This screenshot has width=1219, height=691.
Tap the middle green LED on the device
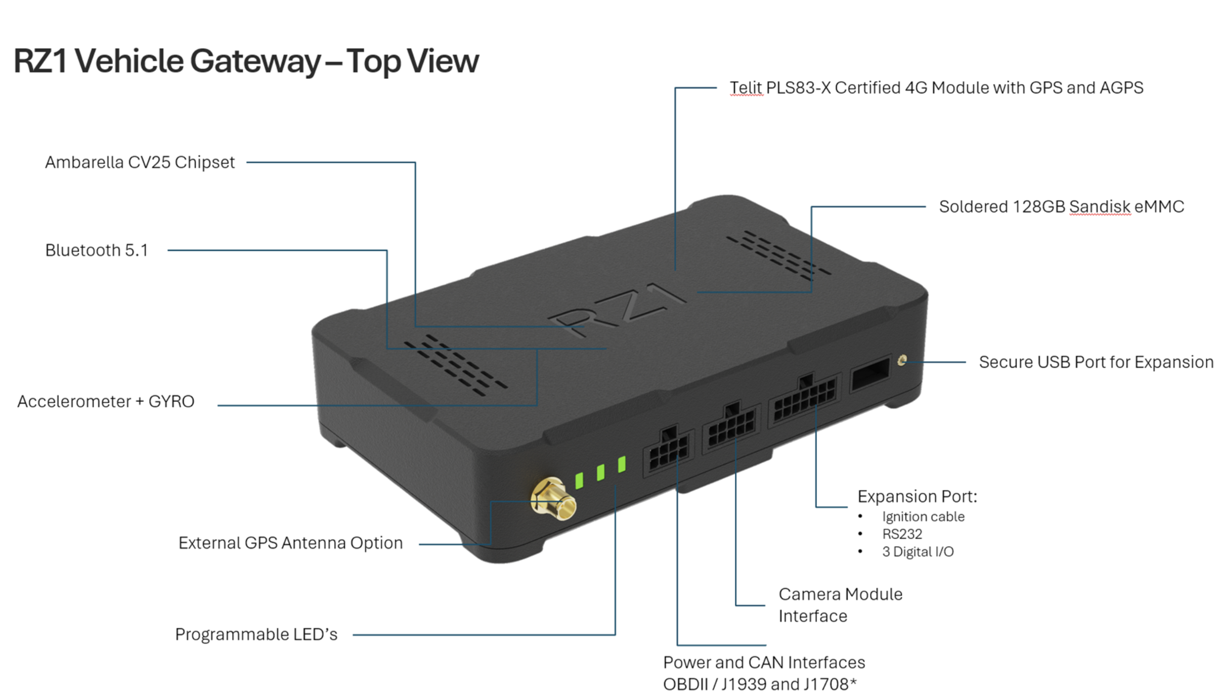[x=600, y=472]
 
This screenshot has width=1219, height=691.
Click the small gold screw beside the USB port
[x=902, y=360]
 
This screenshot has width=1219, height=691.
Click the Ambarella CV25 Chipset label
[x=140, y=162]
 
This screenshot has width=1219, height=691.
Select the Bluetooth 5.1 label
[x=96, y=250]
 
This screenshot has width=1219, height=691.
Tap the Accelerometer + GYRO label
[x=106, y=402]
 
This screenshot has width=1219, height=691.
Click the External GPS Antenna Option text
[x=290, y=543]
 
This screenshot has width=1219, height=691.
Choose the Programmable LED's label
[x=256, y=634]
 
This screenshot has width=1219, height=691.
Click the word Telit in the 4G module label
[x=746, y=88]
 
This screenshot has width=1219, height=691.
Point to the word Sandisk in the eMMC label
[x=1099, y=207]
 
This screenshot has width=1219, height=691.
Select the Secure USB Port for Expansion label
[x=1096, y=362]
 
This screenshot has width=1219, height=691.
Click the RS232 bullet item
[x=902, y=534]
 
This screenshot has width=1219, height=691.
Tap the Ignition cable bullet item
[x=923, y=516]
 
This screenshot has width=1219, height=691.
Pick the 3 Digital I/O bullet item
[x=918, y=552]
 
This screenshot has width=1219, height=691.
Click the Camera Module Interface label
[x=840, y=605]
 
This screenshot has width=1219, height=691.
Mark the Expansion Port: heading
[x=917, y=497]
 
